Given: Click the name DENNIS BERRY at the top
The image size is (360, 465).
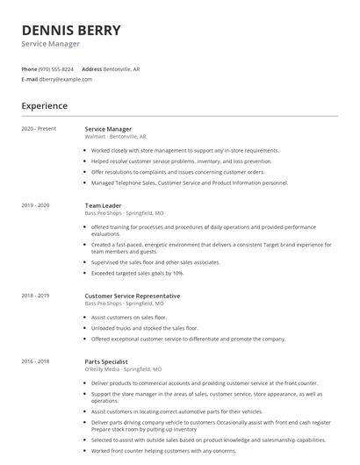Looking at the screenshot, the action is pos(71,30).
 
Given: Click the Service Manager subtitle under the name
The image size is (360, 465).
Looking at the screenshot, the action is pos(51,44).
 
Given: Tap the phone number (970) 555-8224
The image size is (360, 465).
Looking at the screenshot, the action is pos(56,68).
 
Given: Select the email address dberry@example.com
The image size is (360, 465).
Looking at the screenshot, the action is pos(66,79).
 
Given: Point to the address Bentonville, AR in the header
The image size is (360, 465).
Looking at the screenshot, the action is pos(122,68).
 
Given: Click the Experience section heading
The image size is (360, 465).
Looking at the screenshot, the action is pos(44,105).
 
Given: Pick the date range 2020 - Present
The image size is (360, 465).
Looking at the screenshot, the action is pos(39,129).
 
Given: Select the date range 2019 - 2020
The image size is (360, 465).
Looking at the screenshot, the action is pos(36,205).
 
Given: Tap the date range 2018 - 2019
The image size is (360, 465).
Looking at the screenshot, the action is pos(36,297).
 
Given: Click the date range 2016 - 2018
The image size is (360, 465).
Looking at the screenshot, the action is pos(36,361).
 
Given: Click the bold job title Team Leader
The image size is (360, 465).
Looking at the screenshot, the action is pos(104,205).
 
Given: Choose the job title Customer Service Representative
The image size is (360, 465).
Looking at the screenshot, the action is pos(133,296).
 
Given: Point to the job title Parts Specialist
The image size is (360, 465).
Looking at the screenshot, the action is pos(106,361).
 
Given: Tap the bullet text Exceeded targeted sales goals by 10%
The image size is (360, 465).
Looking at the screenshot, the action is pos(137,273).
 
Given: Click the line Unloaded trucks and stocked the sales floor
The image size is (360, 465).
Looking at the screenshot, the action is pos(144,327).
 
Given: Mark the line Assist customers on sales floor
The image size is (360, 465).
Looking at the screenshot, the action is pos(129,317).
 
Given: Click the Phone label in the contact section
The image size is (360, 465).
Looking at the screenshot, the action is pos(29,68).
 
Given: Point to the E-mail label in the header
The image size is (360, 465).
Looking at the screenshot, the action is pos(29,79).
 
